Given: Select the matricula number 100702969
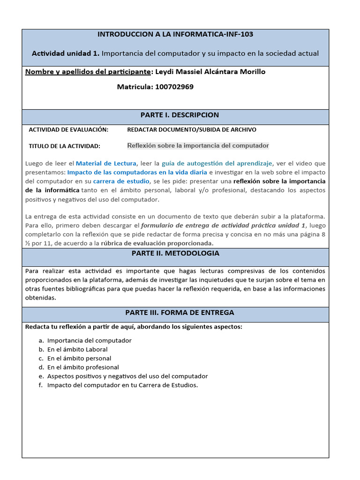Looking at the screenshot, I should pyautogui.click(x=174, y=87).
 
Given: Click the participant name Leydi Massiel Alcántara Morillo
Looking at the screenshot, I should pyautogui.click(x=217, y=72).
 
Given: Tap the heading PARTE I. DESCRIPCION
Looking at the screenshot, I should pyautogui.click(x=180, y=115).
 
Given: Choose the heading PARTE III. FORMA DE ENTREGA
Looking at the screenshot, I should pyautogui.click(x=180, y=313).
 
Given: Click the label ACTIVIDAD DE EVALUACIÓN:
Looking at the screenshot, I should pyautogui.click(x=68, y=129).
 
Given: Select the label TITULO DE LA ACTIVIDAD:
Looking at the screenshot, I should pyautogui.click(x=65, y=146).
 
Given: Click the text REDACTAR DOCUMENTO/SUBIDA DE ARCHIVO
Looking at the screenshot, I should pyautogui.click(x=192, y=129).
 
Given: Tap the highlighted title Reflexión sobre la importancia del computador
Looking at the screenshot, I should pyautogui.click(x=198, y=145).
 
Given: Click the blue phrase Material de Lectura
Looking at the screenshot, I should pyautogui.click(x=106, y=164).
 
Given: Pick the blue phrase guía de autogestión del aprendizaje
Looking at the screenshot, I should pyautogui.click(x=217, y=164).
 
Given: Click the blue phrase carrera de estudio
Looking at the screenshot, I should pyautogui.click(x=121, y=181).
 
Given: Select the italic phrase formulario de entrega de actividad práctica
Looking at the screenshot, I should pyautogui.click(x=218, y=225).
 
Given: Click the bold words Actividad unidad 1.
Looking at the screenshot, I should pyautogui.click(x=65, y=53).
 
